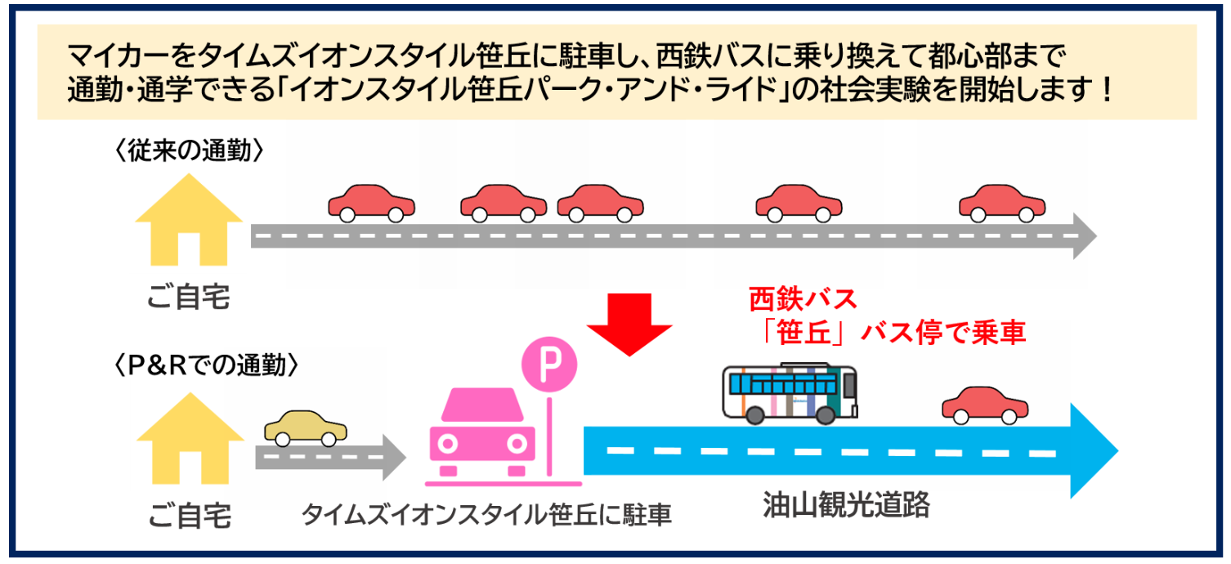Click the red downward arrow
click(x=629, y=323)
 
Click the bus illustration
click(x=790, y=392)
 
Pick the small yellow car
click(x=306, y=427)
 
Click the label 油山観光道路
click(x=846, y=505)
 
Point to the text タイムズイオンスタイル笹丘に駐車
click(x=486, y=515)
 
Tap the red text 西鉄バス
click(x=804, y=299)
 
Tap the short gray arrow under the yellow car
click(x=330, y=456)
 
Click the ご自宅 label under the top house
click(x=189, y=298)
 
